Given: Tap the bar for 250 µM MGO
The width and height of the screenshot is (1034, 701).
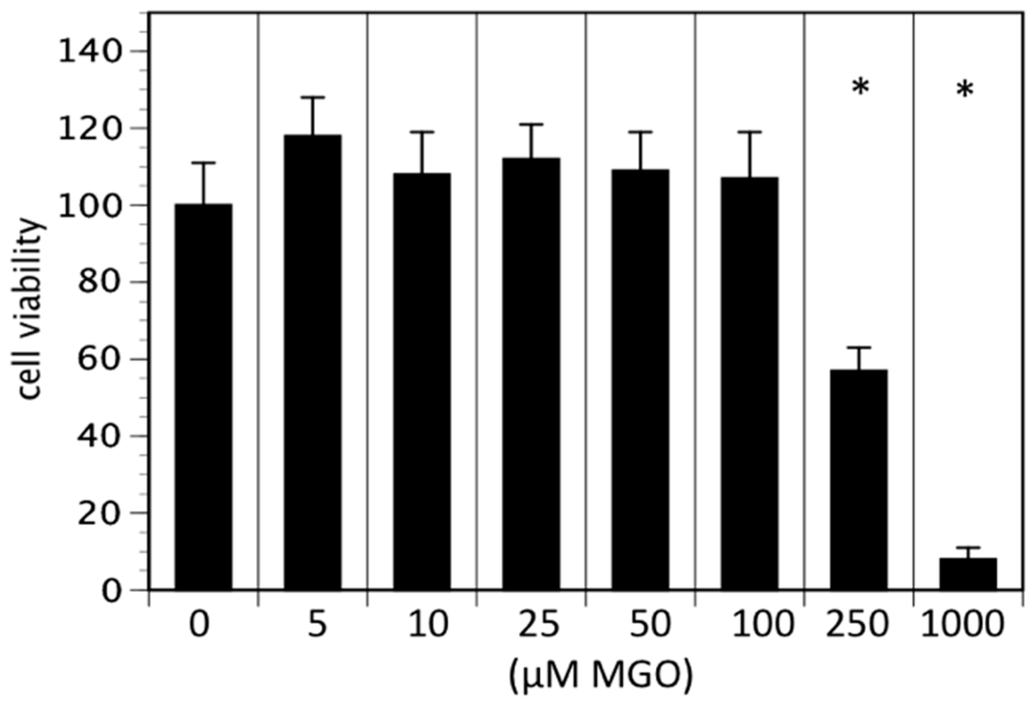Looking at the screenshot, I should pyautogui.click(x=858, y=478).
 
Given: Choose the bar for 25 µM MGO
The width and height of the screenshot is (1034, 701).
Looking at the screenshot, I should pyautogui.click(x=531, y=373).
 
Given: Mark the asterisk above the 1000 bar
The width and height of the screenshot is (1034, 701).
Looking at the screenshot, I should pyautogui.click(x=965, y=91).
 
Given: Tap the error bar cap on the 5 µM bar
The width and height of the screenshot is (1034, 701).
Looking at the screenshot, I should pyautogui.click(x=312, y=97).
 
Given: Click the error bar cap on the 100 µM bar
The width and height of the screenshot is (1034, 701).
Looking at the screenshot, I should pyautogui.click(x=749, y=132).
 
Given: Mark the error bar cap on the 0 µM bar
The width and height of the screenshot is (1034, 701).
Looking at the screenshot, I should pyautogui.click(x=203, y=163).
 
